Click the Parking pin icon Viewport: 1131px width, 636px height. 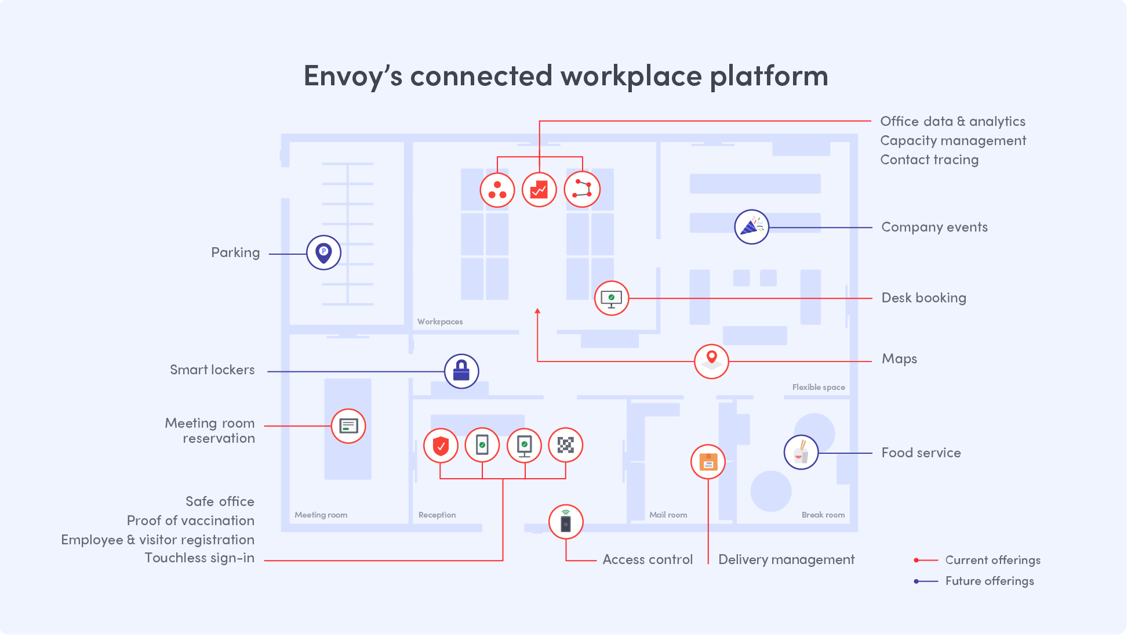323,252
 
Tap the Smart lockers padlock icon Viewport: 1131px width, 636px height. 461,371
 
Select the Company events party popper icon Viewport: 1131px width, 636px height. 751,227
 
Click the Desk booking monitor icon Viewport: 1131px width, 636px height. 611,298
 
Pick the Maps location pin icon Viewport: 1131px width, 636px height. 711,361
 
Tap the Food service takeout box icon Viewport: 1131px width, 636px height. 801,452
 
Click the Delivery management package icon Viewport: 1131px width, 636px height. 708,462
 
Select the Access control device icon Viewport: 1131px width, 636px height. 566,522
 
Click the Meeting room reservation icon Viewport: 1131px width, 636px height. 348,426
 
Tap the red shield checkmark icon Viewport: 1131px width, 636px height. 441,446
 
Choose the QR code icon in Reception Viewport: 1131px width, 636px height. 565,445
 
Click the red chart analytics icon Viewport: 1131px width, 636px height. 539,190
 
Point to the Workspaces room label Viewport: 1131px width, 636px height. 440,321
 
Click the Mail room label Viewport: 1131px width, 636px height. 668,515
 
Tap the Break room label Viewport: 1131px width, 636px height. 823,515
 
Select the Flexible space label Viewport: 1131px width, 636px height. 818,387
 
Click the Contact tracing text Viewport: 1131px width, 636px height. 929,160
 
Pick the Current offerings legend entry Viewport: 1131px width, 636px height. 992,560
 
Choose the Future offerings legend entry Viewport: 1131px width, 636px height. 989,581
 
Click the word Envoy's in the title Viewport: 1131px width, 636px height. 352,76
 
